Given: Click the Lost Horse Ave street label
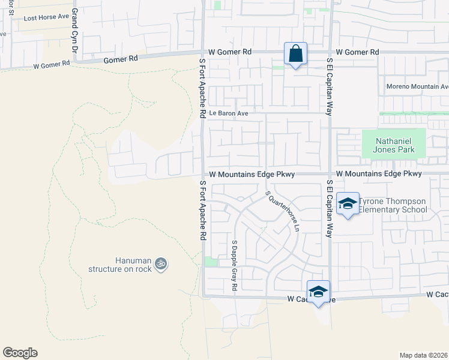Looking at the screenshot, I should [47, 17].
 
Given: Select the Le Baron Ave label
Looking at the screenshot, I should [228, 113].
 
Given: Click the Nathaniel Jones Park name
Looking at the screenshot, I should [394, 146].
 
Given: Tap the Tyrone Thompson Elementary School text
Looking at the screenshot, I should [393, 205].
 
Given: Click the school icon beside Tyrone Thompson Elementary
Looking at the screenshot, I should [347, 203].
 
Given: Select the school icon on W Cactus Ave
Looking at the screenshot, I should [318, 292].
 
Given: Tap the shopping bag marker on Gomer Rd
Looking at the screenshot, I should [295, 53].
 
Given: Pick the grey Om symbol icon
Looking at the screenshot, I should [160, 263].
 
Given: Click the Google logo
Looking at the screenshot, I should [20, 353].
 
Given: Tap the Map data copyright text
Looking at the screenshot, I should [424, 355].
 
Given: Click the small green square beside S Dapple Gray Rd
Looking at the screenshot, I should [210, 262].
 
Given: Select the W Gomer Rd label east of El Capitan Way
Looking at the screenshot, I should [357, 53].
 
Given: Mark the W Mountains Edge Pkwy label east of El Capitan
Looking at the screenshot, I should [379, 174].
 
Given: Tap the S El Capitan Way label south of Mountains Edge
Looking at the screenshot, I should [329, 208].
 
